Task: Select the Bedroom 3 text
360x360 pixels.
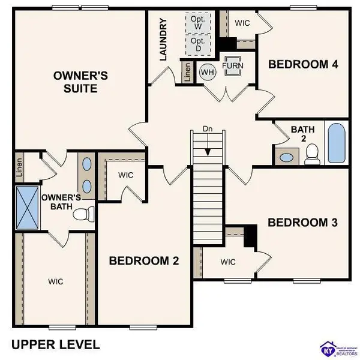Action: coord(302,223)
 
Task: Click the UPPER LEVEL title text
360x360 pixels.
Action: coord(56,344)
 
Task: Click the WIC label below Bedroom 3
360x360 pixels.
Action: coord(227,262)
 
